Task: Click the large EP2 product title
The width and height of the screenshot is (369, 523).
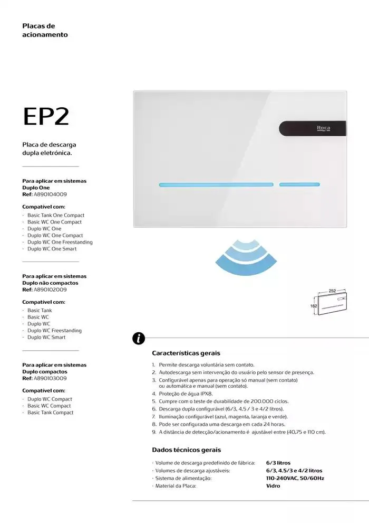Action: [x=46, y=117]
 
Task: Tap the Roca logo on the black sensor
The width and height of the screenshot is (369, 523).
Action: [x=323, y=128]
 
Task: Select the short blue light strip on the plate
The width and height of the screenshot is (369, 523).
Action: [x=299, y=185]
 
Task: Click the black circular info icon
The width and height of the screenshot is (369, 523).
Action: [x=139, y=338]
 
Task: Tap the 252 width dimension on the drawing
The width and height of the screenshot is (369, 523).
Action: [x=332, y=291]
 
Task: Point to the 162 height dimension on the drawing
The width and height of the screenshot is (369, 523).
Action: [x=313, y=305]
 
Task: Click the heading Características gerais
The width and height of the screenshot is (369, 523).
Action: [x=186, y=353]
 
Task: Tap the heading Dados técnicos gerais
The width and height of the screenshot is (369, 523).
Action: [x=186, y=450]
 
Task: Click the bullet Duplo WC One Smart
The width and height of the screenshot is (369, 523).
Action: [x=52, y=249]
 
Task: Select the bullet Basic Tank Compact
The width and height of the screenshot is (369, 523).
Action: [x=51, y=413]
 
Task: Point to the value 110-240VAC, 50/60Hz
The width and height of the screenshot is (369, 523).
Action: [x=295, y=478]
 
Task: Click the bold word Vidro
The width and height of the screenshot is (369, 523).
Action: [x=273, y=485]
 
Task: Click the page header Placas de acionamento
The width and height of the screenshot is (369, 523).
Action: [x=45, y=30]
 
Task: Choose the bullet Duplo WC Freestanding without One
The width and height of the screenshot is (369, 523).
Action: [x=54, y=331]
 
